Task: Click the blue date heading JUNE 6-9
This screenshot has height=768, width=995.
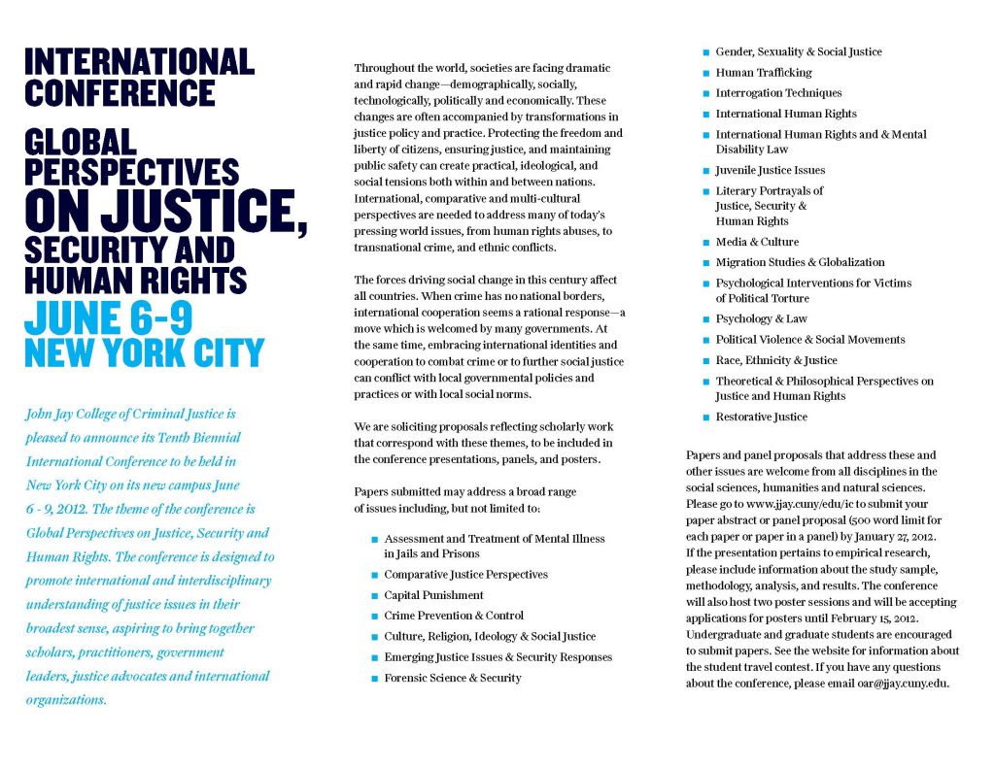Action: (109, 318)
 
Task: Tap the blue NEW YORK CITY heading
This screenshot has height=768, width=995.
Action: (144, 352)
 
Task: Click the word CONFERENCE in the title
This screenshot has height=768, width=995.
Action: (120, 93)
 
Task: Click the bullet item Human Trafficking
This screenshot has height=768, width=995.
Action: (764, 73)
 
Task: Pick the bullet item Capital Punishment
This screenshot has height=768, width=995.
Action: (433, 595)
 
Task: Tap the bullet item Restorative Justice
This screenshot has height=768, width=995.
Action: (761, 417)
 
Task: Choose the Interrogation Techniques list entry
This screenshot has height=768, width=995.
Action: (778, 93)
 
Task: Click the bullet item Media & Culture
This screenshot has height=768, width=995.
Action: (757, 242)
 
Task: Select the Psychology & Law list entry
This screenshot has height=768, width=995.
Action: (761, 318)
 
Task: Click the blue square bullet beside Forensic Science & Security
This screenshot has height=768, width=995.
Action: (374, 679)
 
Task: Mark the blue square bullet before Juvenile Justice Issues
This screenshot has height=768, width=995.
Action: (705, 171)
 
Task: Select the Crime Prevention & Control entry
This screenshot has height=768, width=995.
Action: (454, 616)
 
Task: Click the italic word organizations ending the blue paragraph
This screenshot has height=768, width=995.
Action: (66, 700)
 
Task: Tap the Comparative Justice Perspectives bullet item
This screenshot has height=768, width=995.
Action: (465, 575)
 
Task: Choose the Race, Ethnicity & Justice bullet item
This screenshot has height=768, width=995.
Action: (775, 360)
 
